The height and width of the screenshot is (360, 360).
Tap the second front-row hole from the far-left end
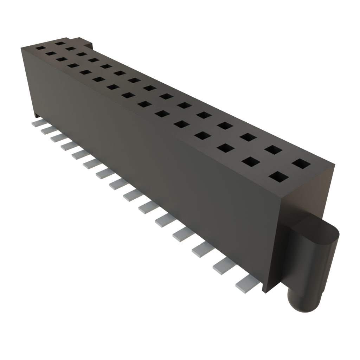[x=51, y=54]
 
